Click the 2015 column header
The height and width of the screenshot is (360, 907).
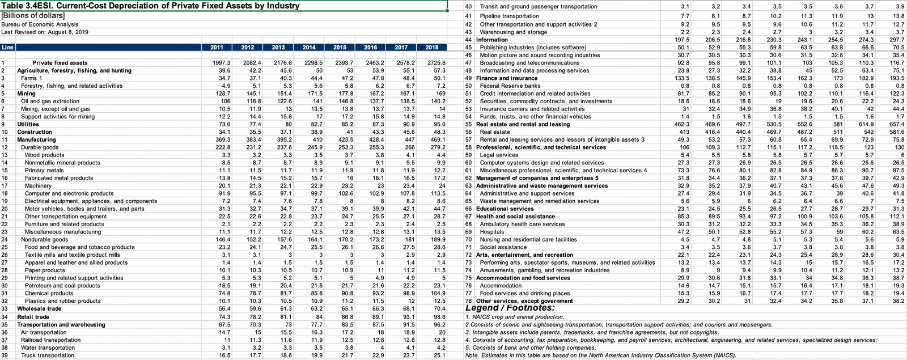(340, 48)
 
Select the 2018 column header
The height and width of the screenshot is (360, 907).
(432, 48)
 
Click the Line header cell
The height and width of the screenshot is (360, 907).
(7, 48)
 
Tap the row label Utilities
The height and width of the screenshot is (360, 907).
(28, 124)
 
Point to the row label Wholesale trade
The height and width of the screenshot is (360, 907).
(39, 309)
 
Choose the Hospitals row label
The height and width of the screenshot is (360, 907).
(491, 232)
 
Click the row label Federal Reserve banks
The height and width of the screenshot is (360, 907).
(510, 86)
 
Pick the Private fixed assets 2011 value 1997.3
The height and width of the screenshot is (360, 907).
(221, 63)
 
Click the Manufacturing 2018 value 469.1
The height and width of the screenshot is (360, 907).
(437, 139)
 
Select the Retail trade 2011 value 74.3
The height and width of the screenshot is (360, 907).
(223, 317)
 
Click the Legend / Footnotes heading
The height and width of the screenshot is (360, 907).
(510, 308)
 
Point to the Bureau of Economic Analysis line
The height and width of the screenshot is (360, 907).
(40, 24)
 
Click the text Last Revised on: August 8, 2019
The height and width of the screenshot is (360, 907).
(45, 32)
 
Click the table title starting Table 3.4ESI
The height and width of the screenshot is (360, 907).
(150, 6)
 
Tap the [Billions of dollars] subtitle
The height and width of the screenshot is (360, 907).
(33, 15)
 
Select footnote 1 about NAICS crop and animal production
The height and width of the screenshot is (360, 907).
(515, 317)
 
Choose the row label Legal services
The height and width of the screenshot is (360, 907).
(499, 155)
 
